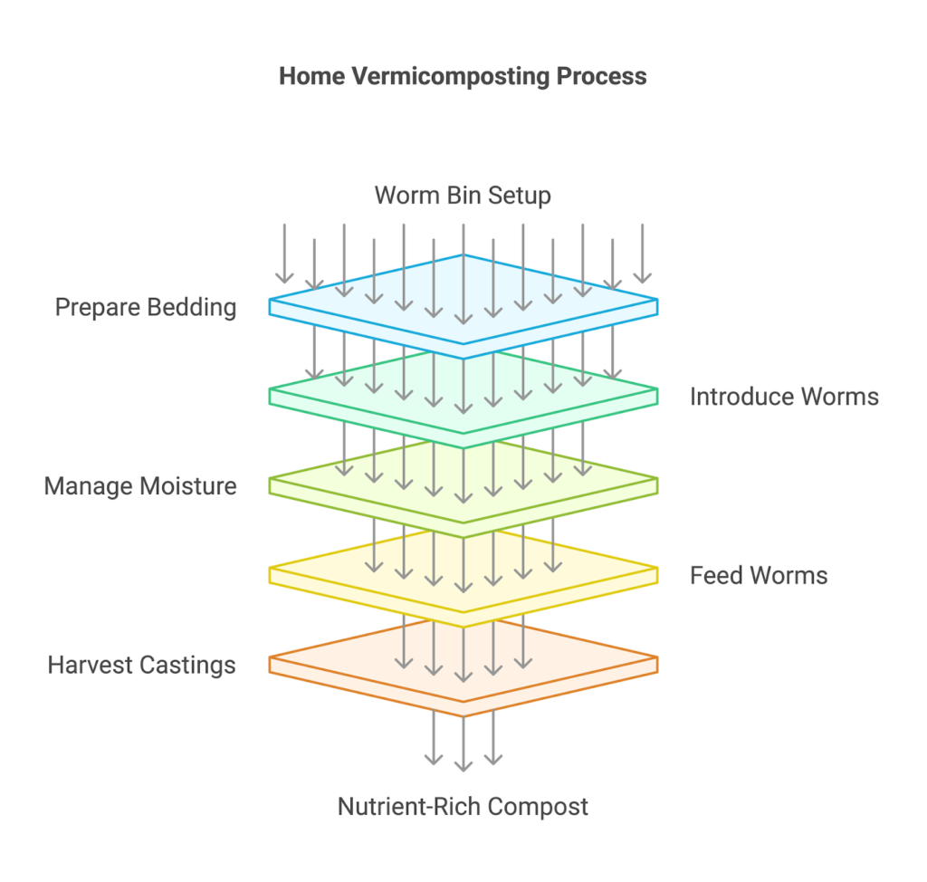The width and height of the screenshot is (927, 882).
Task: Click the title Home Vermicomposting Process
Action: point(463,76)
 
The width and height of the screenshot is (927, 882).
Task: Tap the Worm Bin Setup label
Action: point(463,195)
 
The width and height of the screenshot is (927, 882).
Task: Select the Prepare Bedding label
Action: point(146,307)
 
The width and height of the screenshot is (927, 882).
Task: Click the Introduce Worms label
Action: point(784,396)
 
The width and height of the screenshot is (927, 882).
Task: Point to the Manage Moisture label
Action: point(140,486)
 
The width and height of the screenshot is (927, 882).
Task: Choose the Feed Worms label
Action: point(759,575)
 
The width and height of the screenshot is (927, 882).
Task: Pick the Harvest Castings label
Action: point(142,666)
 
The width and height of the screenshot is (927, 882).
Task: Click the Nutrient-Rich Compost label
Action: point(463,806)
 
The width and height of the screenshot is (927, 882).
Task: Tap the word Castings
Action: point(192,666)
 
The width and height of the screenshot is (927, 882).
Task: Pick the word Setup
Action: point(519,195)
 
